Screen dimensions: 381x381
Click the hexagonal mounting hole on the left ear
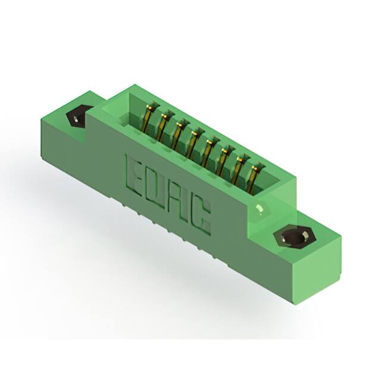(77, 117)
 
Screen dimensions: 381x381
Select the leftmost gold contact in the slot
(149, 120)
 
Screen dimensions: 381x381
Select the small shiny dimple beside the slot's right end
(260, 208)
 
